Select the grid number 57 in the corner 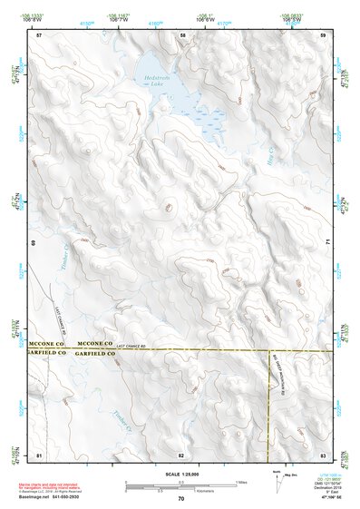39,35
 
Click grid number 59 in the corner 324,35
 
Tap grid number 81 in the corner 39,454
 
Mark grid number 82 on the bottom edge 181,454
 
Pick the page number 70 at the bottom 181,499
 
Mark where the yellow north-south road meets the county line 271,349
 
